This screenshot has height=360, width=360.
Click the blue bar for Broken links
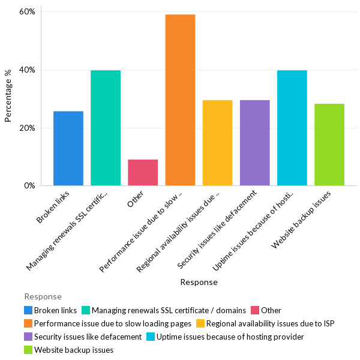click(68, 148)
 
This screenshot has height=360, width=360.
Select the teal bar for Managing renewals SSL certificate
click(106, 128)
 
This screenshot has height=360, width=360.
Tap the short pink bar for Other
click(143, 172)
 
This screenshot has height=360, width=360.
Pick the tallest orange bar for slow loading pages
click(180, 100)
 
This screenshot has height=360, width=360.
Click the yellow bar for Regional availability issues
click(217, 143)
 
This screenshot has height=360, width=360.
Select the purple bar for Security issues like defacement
click(254, 143)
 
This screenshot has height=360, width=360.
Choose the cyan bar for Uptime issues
click(292, 128)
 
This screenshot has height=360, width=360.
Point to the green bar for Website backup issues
click(329, 145)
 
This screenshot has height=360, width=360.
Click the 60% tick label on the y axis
click(28, 12)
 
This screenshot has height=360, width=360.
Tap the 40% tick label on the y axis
click(28, 70)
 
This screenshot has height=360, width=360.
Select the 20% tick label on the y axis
click(28, 128)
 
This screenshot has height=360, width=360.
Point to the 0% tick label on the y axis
click(30, 186)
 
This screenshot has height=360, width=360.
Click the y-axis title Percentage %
click(8, 96)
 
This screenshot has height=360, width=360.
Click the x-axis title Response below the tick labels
click(199, 282)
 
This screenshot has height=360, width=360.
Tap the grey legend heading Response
click(43, 296)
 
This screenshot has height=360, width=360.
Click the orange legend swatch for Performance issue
click(28, 323)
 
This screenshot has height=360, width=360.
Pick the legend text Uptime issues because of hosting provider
click(230, 337)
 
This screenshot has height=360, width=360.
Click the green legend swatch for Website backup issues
click(28, 350)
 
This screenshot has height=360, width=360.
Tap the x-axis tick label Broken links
click(55, 206)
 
